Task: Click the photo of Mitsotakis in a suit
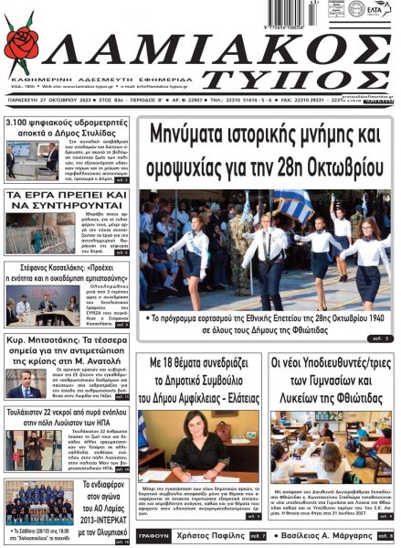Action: click(25, 382)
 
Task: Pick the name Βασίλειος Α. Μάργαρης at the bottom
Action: click(325, 534)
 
